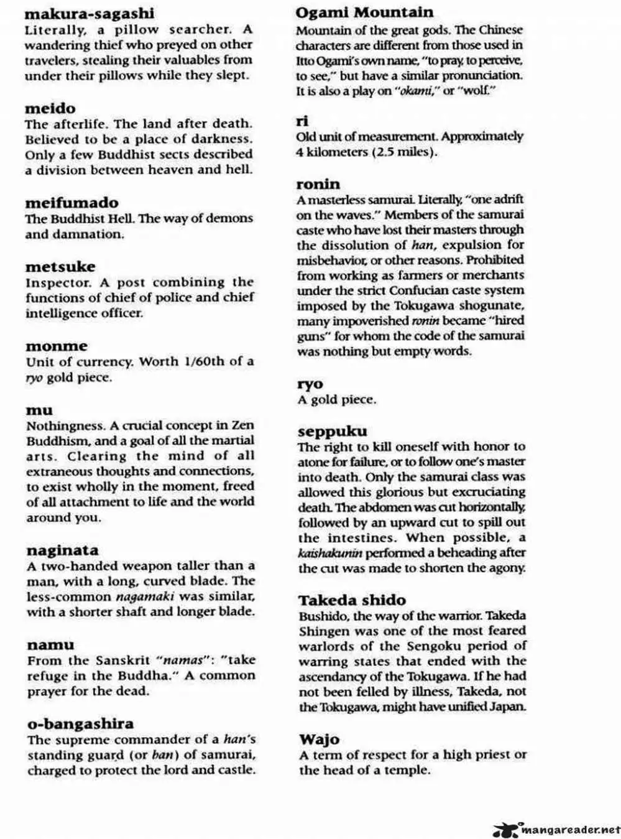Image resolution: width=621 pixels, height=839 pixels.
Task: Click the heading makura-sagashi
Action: [x=90, y=14]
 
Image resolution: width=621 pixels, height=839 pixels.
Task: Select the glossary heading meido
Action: [x=50, y=108]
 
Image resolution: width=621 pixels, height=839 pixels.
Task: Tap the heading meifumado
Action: [x=71, y=203]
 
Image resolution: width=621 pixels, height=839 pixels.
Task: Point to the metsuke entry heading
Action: [x=60, y=267]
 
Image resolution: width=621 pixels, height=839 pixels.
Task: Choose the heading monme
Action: [x=57, y=346]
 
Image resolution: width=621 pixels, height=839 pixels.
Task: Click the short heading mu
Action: [x=39, y=410]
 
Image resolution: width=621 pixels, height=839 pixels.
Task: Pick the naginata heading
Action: [x=62, y=550]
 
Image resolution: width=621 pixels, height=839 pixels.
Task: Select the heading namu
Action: [x=50, y=645]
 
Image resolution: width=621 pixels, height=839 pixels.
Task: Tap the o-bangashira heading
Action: [x=80, y=724]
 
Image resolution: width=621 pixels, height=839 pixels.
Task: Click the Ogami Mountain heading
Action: [x=364, y=12]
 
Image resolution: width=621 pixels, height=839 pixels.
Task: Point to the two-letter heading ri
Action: [x=302, y=121]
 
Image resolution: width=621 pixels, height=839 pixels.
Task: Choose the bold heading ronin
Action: [x=318, y=184]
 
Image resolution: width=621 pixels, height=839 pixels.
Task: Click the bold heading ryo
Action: [x=310, y=384]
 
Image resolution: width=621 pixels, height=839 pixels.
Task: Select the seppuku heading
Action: [x=332, y=431]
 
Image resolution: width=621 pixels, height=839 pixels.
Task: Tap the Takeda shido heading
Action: [x=352, y=600]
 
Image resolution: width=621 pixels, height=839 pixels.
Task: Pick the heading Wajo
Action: [x=319, y=739]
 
